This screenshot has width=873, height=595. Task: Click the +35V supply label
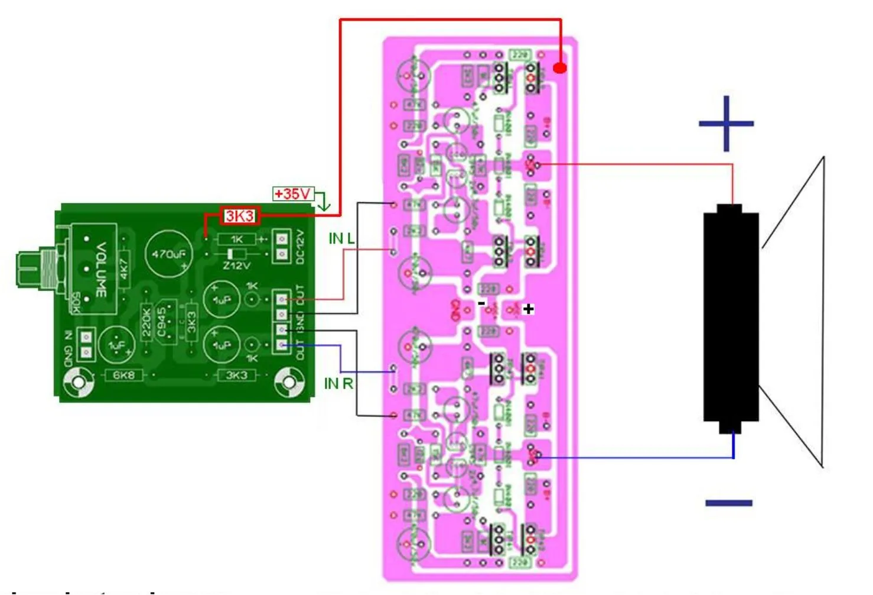292,194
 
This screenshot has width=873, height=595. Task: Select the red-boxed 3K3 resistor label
240,216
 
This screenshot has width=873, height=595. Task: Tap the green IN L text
341,238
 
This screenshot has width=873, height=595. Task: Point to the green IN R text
338,384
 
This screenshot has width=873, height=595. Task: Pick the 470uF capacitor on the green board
169,254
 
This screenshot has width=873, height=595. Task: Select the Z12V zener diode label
236,266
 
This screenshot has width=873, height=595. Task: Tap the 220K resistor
146,323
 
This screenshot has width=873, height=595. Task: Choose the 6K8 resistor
123,375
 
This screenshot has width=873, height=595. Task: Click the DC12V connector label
299,247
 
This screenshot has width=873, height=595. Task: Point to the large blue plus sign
726,124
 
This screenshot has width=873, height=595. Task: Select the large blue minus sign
728,503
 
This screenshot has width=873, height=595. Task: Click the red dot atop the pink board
560,68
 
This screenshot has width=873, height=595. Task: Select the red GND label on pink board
455,311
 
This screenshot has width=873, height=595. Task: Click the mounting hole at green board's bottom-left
79,383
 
